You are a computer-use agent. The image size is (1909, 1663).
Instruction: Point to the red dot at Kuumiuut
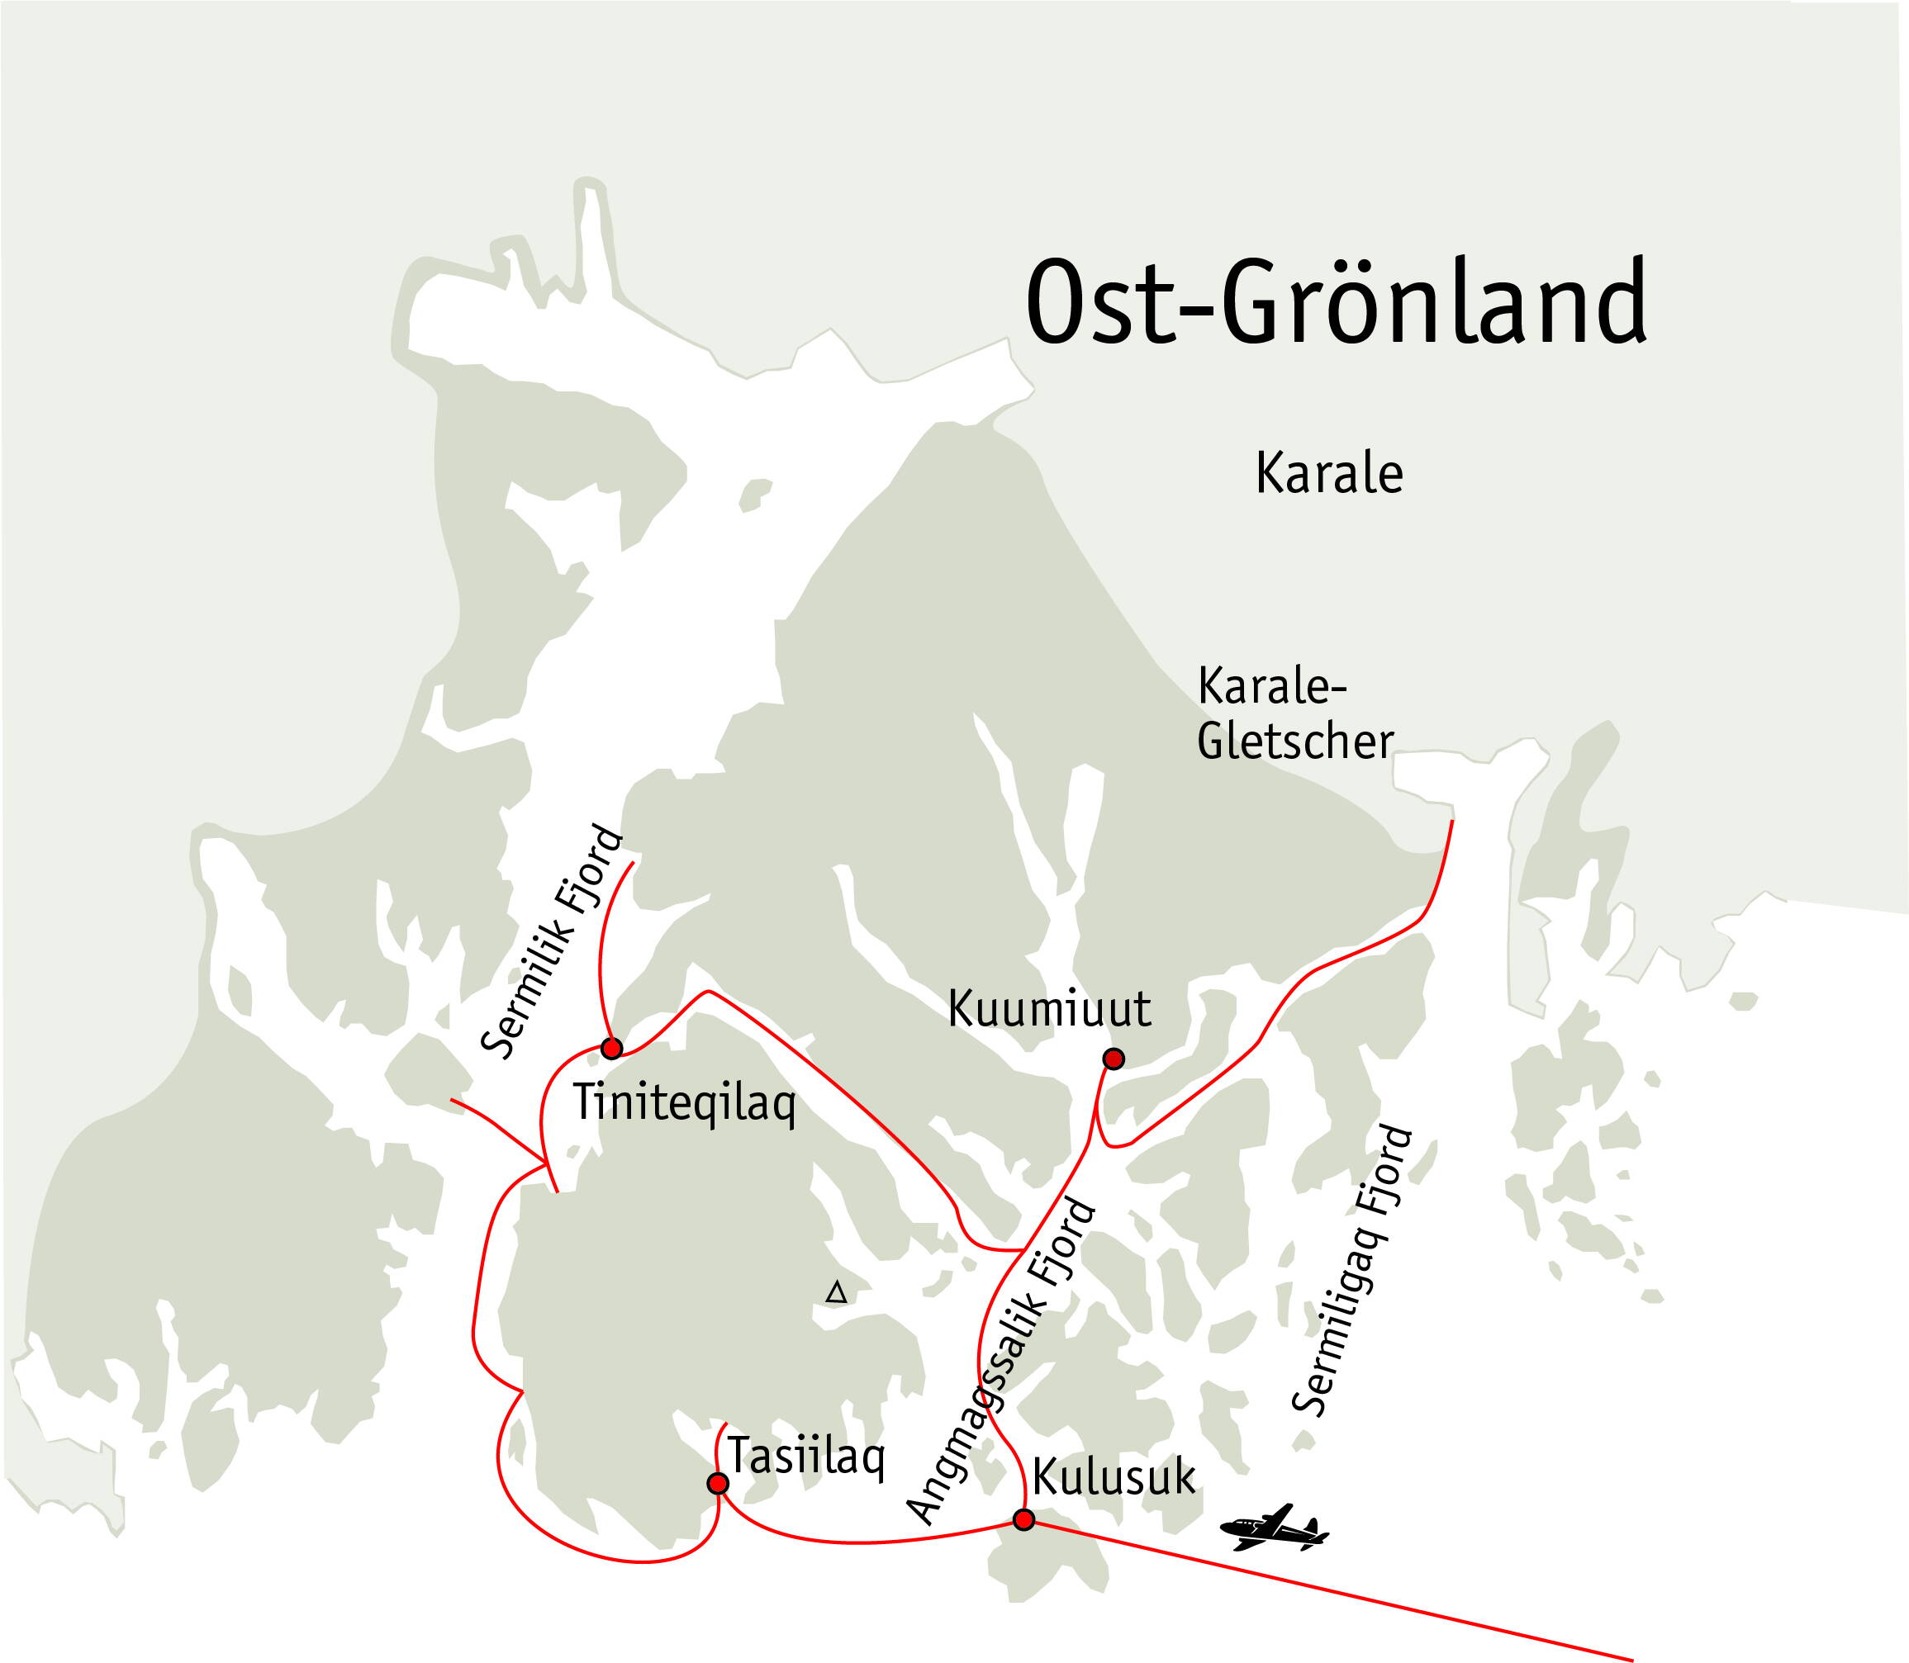pos(1114,1058)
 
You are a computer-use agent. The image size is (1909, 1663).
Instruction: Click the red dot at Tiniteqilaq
pos(611,1049)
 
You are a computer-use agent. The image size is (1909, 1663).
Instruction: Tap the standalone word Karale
pos(1328,474)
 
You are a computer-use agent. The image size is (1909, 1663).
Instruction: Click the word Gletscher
pos(1295,742)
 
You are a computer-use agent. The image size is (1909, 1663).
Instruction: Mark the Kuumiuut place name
pos(1049,1010)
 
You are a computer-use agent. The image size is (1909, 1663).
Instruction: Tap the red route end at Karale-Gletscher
pos(1452,823)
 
